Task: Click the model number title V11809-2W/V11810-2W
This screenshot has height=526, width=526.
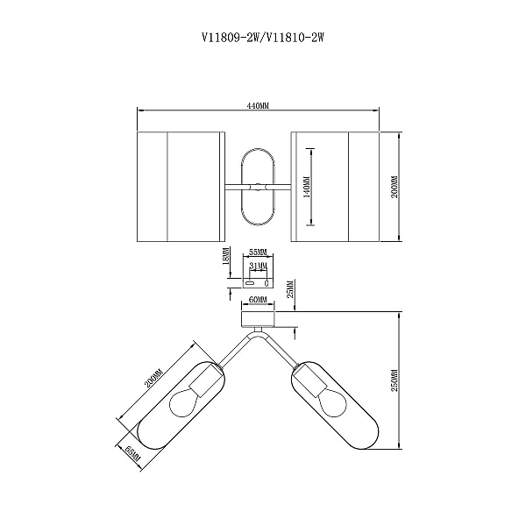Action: pyautogui.click(x=263, y=37)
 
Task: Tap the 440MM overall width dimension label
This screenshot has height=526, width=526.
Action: pyautogui.click(x=258, y=106)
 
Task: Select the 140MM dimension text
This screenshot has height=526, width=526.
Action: pyautogui.click(x=307, y=187)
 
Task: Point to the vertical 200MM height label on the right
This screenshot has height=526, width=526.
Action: pyautogui.click(x=394, y=187)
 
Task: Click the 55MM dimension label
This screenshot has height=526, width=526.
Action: pyautogui.click(x=258, y=252)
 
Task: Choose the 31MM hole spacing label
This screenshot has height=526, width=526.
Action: pyautogui.click(x=258, y=266)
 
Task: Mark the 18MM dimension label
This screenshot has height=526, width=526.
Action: pyautogui.click(x=226, y=256)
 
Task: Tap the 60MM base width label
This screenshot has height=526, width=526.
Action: pyautogui.click(x=258, y=300)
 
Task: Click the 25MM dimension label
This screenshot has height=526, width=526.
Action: pyautogui.click(x=290, y=288)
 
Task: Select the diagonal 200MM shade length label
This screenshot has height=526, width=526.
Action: pyautogui.click(x=153, y=379)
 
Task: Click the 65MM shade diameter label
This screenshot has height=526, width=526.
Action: pyautogui.click(x=133, y=453)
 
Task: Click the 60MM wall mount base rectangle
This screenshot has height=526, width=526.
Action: pyautogui.click(x=258, y=319)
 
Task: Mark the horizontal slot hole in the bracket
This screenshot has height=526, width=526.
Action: pyautogui.click(x=250, y=283)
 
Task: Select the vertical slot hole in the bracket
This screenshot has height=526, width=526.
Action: pyautogui.click(x=267, y=283)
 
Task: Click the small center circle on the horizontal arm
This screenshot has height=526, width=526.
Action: pyautogui.click(x=258, y=187)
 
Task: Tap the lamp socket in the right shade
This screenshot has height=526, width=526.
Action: pyautogui.click(x=309, y=380)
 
